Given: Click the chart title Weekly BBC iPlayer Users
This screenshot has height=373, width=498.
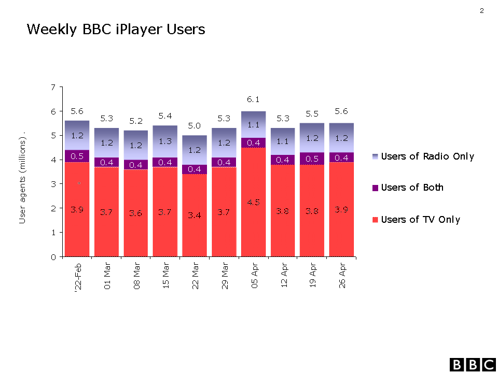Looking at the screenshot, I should pos(116,30).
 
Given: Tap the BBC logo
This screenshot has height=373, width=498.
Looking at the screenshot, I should pos(472,364).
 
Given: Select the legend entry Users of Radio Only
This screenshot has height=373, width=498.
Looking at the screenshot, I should pos(427,156).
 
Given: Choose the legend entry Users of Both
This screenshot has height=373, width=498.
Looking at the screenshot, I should pos(412,188).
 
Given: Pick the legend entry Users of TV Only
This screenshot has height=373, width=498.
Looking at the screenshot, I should pos(420,220).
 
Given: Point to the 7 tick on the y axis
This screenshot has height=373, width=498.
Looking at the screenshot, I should pos(53,87).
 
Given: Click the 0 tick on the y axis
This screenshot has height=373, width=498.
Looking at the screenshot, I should pos(53,257).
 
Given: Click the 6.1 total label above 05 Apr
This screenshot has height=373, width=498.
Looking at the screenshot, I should pos(253,99).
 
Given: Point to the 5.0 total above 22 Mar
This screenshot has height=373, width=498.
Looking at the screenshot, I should pos(194,125).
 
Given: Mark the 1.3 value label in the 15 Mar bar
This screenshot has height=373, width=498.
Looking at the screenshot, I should pos(165,141).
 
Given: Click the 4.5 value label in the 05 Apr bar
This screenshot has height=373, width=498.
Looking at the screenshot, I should pos(253,203).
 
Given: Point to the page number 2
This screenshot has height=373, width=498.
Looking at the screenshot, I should pos(482,10).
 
